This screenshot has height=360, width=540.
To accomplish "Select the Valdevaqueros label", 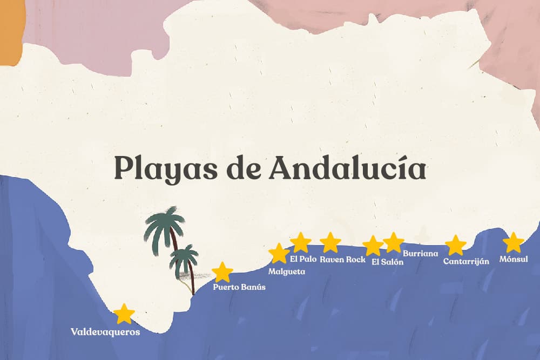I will pos(105,332).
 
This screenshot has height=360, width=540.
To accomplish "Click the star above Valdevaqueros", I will pos(125,314).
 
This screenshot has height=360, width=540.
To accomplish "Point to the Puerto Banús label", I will pos(239,287).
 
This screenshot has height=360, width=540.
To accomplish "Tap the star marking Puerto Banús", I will pos(222,272).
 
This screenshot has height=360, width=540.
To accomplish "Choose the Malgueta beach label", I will pos(287,271).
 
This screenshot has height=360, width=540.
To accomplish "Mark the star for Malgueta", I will pos(279,253).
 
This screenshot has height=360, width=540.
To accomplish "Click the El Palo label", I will pos(303,259).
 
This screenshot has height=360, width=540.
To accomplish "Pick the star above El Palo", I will pos(300,242).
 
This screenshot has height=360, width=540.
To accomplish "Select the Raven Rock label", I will pos(342,260).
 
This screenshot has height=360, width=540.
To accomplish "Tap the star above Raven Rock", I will pos(330,242).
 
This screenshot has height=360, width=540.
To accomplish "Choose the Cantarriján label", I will pos(466,261).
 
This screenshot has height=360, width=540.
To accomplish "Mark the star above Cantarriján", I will pos(455,245).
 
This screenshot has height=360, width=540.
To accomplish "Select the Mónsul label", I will pos(514,260).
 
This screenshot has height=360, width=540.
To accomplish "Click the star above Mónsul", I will pos(513,242).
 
